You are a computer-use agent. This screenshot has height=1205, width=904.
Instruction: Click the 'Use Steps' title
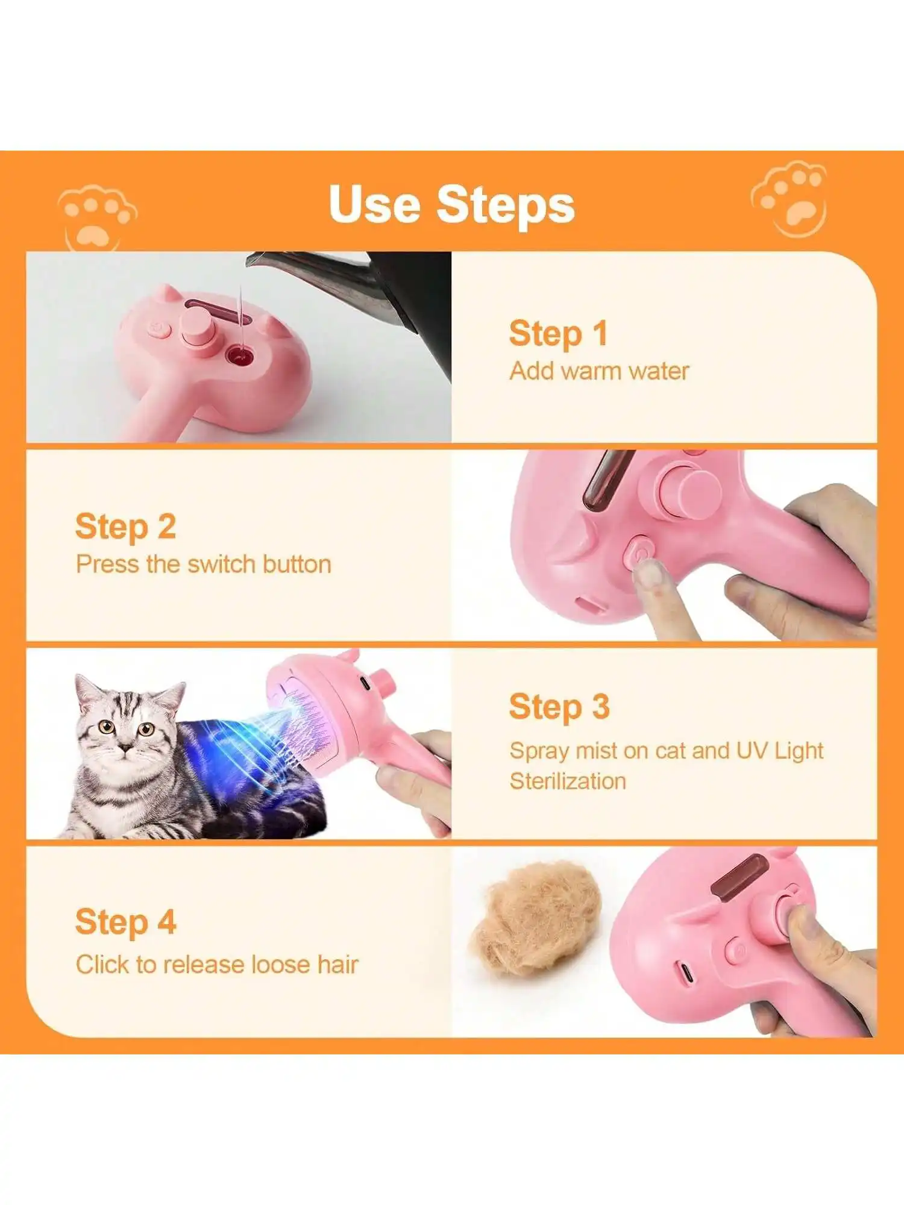pyautogui.click(x=451, y=204)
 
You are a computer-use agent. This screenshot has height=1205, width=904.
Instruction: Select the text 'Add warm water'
pyautogui.click(x=599, y=371)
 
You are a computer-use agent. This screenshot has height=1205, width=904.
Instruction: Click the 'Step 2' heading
pyautogui.click(x=125, y=527)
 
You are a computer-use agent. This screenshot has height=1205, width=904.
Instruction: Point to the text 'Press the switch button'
pyautogui.click(x=204, y=565)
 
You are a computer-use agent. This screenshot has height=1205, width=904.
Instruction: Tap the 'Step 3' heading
pyautogui.click(x=559, y=707)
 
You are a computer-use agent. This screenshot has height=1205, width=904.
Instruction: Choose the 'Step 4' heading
pyautogui.click(x=125, y=922)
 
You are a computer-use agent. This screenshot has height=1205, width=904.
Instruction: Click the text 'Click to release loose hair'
pyautogui.click(x=217, y=965)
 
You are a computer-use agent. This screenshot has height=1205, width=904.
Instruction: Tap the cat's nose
pyautogui.click(x=124, y=748)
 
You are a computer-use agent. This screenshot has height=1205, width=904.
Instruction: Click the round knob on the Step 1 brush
pyautogui.click(x=200, y=326)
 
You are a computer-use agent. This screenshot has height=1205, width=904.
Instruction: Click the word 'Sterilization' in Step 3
pyautogui.click(x=568, y=781)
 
